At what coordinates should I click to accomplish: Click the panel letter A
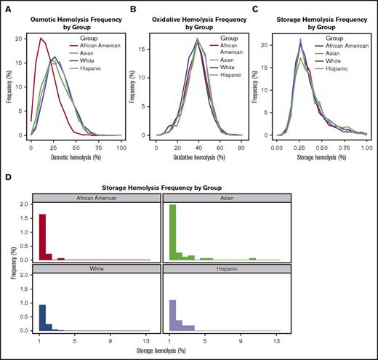tap(7, 7)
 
